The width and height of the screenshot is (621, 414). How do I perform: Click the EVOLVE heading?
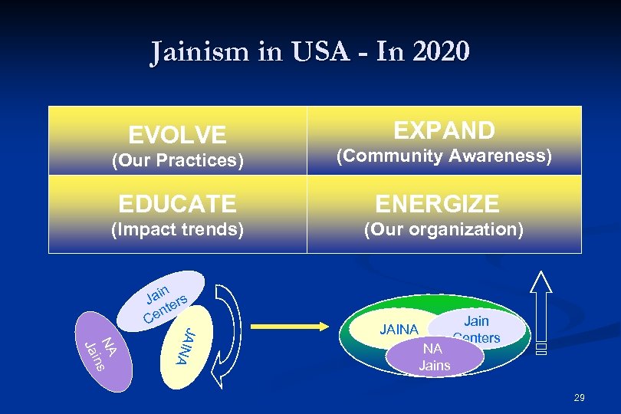pos(177,136)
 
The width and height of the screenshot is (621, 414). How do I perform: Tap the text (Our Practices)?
pos(177,161)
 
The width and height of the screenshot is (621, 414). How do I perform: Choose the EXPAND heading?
pos(444,130)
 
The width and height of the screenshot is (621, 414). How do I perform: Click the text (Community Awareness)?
pos(444,156)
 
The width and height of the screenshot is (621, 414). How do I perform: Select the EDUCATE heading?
pos(177,204)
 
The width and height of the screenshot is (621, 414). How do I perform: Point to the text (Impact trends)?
pos(177,229)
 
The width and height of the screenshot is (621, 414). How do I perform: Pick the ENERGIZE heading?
pos(437,204)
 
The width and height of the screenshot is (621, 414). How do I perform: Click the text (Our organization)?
pos(444,229)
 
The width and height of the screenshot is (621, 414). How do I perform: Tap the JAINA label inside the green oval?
pos(399,330)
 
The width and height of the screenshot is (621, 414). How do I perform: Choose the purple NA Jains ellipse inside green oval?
pos(435,357)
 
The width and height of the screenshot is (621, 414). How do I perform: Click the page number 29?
pos(579,397)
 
